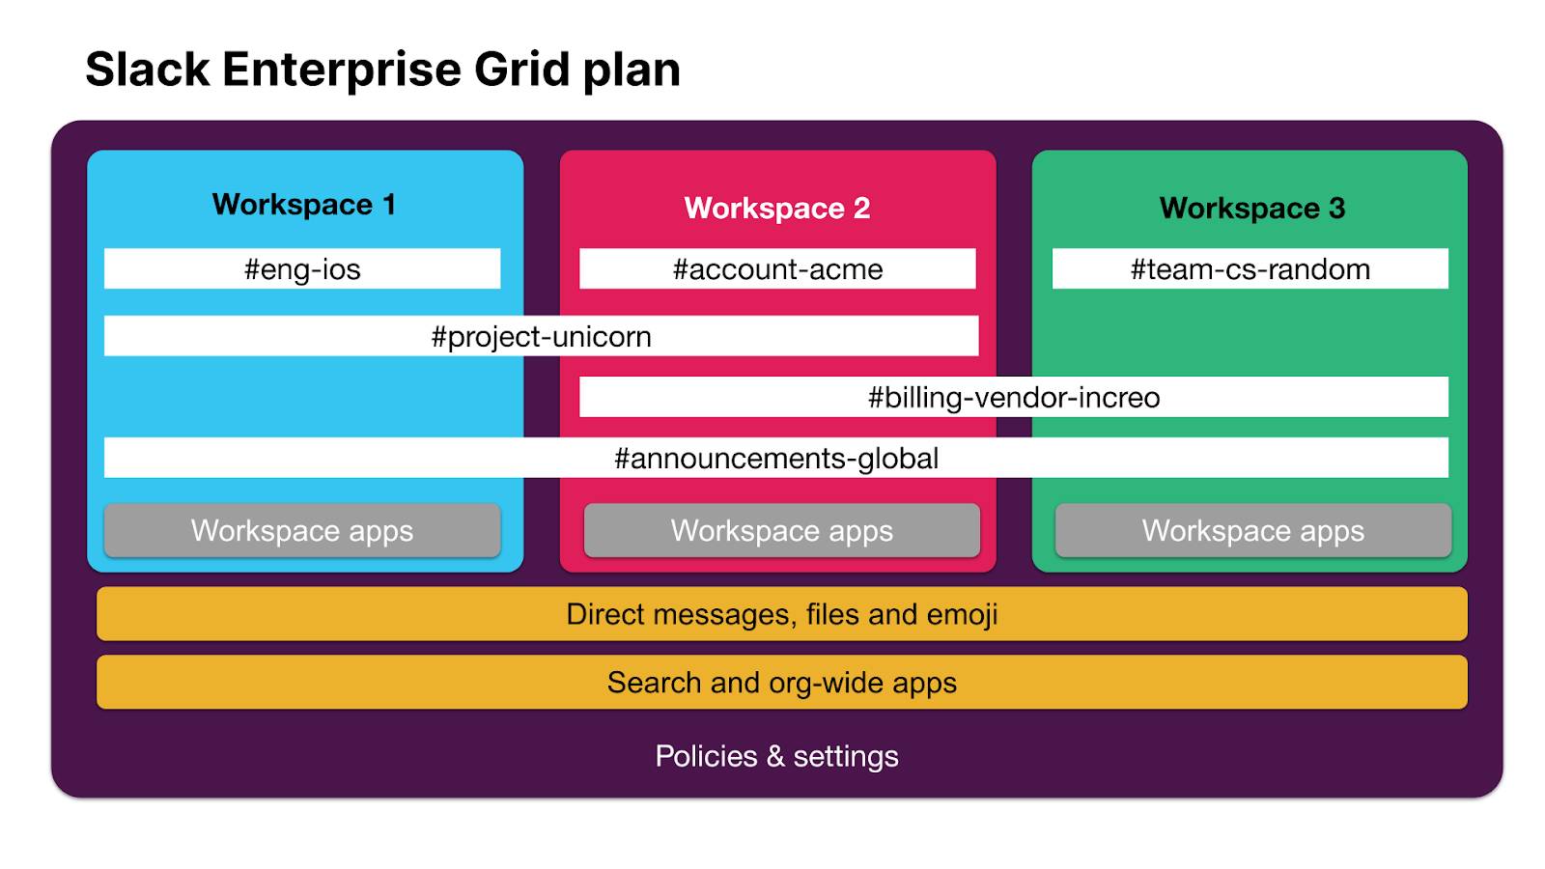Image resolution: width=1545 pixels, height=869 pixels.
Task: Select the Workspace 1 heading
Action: pyautogui.click(x=303, y=205)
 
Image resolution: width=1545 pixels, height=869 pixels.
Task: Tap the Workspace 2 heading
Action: pyautogui.click(x=776, y=209)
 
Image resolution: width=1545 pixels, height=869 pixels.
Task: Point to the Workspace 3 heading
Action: pyautogui.click(x=1251, y=209)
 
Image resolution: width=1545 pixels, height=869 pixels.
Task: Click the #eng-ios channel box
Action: pyautogui.click(x=302, y=269)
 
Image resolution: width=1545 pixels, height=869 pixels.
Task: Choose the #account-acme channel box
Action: pyautogui.click(x=777, y=269)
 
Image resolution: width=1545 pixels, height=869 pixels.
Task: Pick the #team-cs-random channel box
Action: pyautogui.click(x=1250, y=269)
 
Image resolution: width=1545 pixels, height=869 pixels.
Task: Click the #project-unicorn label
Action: pyautogui.click(x=541, y=337)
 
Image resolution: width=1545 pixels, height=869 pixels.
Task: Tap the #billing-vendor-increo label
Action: pyautogui.click(x=1014, y=398)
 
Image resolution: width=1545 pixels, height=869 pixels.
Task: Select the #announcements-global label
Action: pyautogui.click(x=776, y=459)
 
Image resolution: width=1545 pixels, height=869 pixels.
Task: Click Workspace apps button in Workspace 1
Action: pyautogui.click(x=302, y=531)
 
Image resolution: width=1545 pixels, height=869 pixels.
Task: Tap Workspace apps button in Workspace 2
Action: pyautogui.click(x=781, y=531)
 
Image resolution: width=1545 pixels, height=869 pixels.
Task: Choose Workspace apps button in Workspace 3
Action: pyautogui.click(x=1252, y=531)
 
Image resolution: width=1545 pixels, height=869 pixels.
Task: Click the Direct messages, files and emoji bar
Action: pyautogui.click(x=781, y=614)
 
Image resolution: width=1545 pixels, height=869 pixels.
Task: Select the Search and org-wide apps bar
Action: pyautogui.click(x=781, y=683)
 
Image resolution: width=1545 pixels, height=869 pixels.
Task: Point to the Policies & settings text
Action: pyautogui.click(x=776, y=756)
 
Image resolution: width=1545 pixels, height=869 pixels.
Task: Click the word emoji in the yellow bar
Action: pyautogui.click(x=962, y=615)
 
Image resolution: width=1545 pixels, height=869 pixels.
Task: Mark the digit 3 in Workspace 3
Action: pyautogui.click(x=1336, y=209)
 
